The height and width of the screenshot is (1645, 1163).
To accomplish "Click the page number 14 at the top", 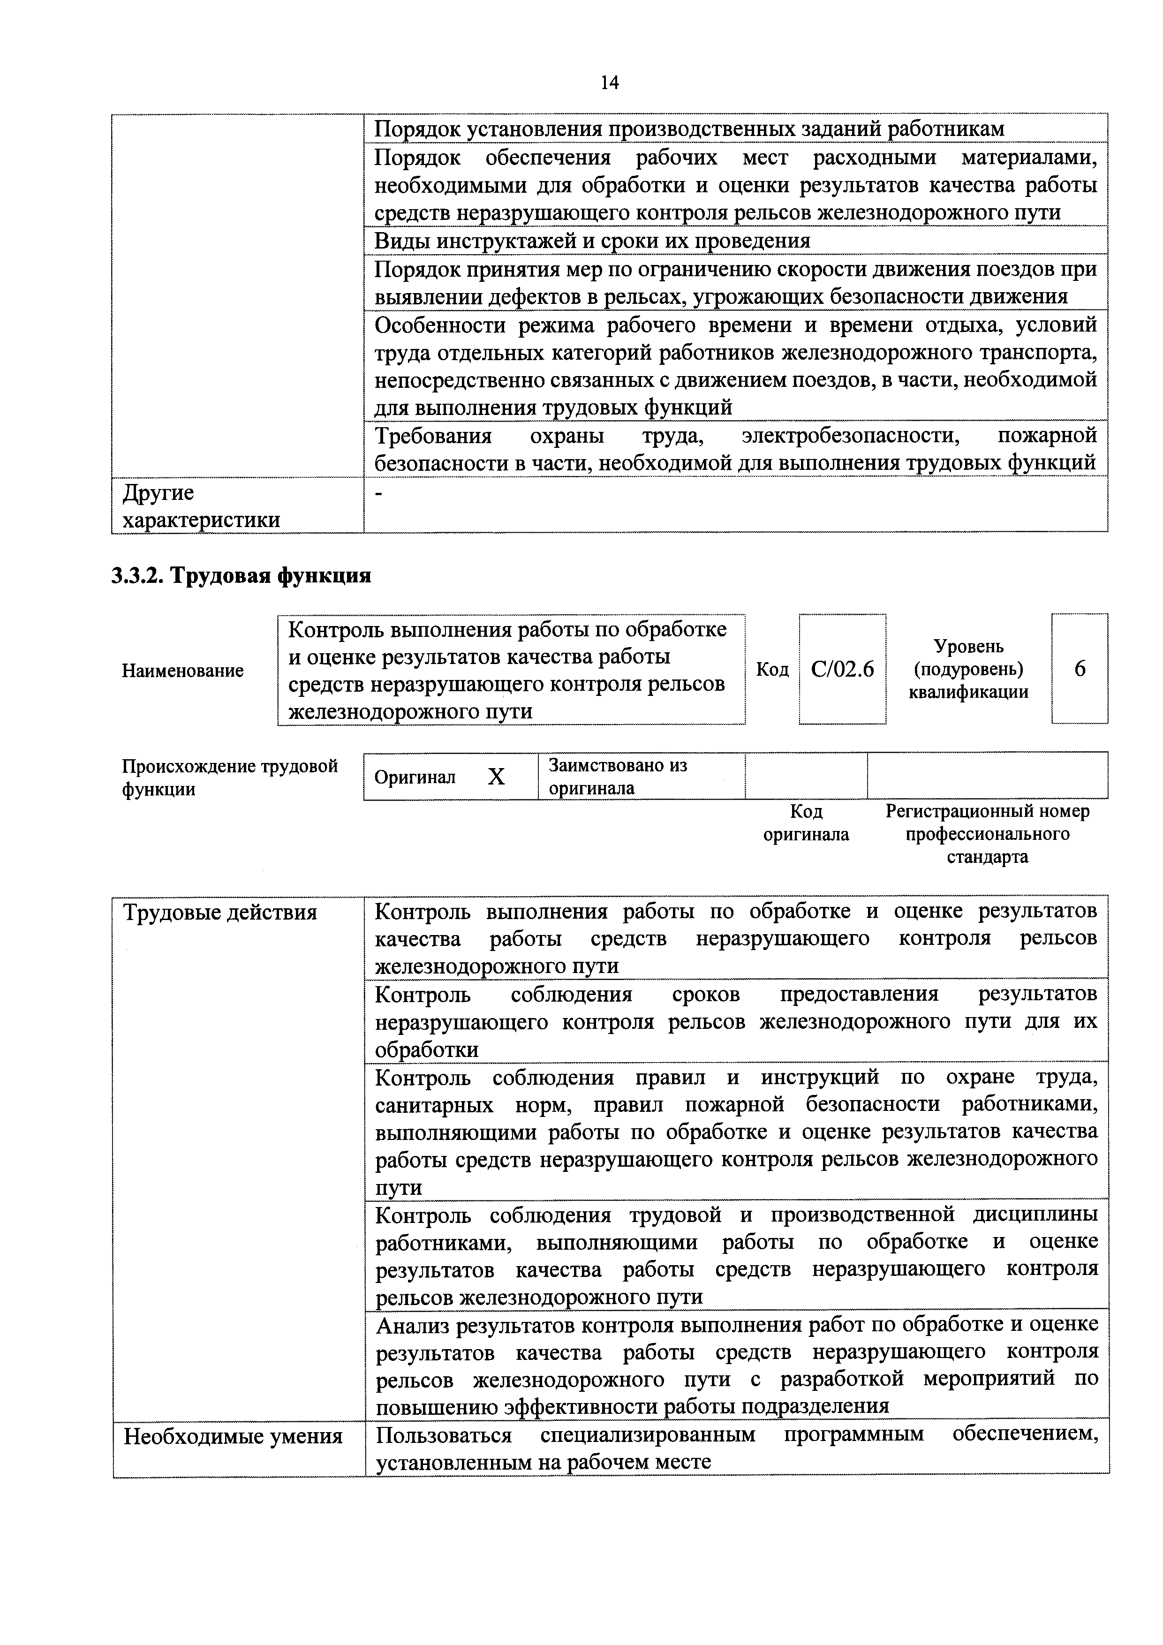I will [609, 83].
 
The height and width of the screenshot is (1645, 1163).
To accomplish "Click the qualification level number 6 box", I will [1079, 669].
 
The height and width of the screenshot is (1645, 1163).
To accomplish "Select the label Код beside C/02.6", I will [772, 669].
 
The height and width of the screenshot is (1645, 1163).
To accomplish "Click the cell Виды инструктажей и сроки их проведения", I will [592, 241].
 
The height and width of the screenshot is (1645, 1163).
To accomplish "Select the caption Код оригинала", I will [806, 822].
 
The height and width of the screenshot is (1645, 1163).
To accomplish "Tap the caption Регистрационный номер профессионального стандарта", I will [988, 834].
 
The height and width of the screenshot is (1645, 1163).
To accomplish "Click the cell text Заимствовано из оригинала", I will [617, 777].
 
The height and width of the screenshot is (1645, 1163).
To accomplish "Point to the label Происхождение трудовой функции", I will [229, 777].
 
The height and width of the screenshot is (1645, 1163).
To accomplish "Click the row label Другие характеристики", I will [201, 506].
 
